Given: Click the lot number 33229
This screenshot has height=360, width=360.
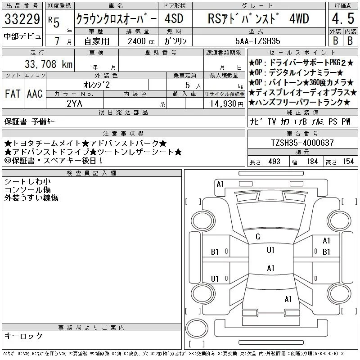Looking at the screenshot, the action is click(22, 18).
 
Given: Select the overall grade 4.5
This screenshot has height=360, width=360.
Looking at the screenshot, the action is click(343, 18).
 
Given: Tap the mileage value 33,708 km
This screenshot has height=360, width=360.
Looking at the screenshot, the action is click(49, 64).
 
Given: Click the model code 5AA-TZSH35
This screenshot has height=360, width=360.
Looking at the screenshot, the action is click(257, 41).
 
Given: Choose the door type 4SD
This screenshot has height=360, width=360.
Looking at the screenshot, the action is click(174, 18).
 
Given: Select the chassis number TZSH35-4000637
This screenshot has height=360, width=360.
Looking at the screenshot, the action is click(302, 143).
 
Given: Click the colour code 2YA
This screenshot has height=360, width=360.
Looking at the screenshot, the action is click(74, 103).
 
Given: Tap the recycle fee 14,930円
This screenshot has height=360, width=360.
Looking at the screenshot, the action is click(226, 104).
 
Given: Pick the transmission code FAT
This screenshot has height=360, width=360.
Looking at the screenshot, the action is click(13, 94).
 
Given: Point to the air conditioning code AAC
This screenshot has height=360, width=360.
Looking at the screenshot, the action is click(35, 94).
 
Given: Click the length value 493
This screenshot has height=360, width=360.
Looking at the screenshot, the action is click(274, 162).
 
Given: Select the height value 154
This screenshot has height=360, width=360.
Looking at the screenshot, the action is click(348, 162).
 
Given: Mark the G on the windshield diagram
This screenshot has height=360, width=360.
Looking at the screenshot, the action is click(258, 237).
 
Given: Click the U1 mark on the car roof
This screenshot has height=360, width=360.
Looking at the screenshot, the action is click(271, 250).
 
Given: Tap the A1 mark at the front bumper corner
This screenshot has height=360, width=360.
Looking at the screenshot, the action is click(220, 184).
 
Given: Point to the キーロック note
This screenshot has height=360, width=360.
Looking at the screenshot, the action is click(23, 336).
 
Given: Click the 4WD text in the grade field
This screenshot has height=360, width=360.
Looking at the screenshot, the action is click(299, 18).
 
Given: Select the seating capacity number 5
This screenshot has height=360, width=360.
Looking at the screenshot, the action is click(188, 85).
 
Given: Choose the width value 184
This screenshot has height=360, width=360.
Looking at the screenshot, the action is click(312, 162).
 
